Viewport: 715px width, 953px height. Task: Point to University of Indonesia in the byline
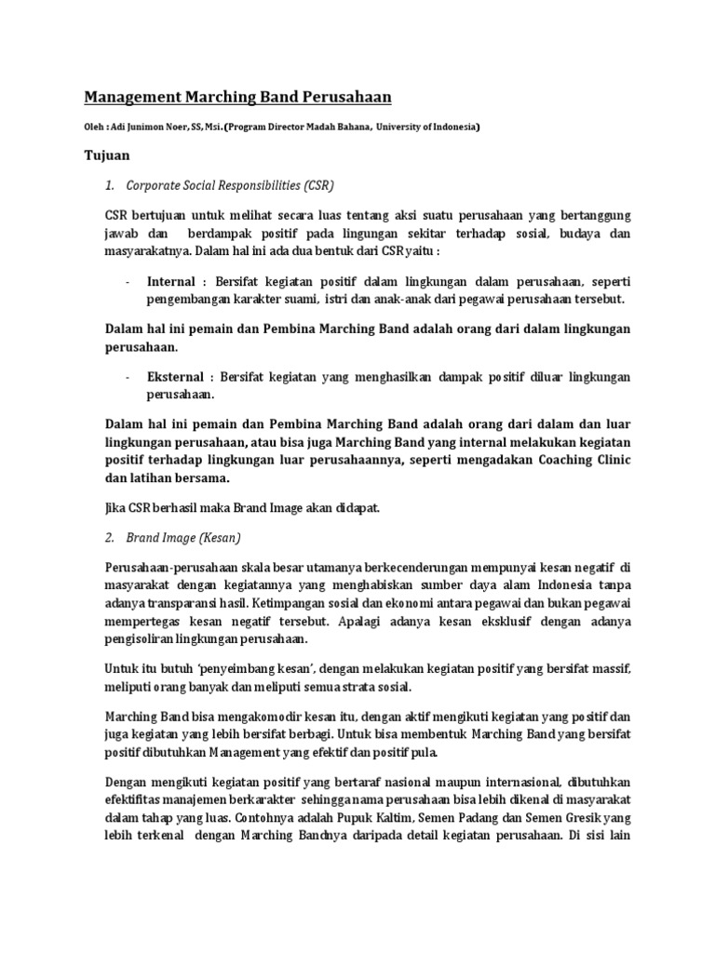click(x=429, y=127)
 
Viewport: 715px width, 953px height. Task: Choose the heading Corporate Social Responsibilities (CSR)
click(x=229, y=184)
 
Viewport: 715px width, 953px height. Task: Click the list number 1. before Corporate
click(x=109, y=184)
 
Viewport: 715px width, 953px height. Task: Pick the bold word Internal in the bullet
click(x=170, y=281)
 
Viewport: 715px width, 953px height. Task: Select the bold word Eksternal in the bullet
click(x=174, y=377)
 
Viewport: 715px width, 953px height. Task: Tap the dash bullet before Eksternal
click(x=128, y=377)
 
